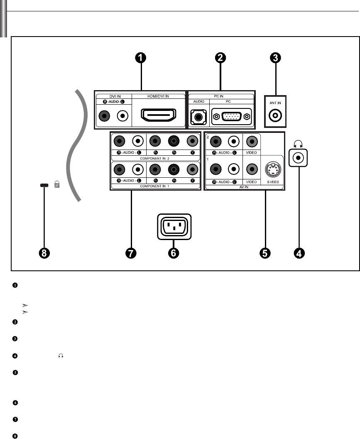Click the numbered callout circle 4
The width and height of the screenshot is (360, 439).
(x=299, y=252)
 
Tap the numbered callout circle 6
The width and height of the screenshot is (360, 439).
(x=175, y=252)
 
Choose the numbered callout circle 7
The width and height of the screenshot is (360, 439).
(x=132, y=252)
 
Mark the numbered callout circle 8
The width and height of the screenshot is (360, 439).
(x=43, y=252)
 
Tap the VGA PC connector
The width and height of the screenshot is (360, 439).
(x=231, y=117)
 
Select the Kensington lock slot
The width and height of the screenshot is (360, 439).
(x=43, y=186)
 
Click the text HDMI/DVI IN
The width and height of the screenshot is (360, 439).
(x=159, y=96)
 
